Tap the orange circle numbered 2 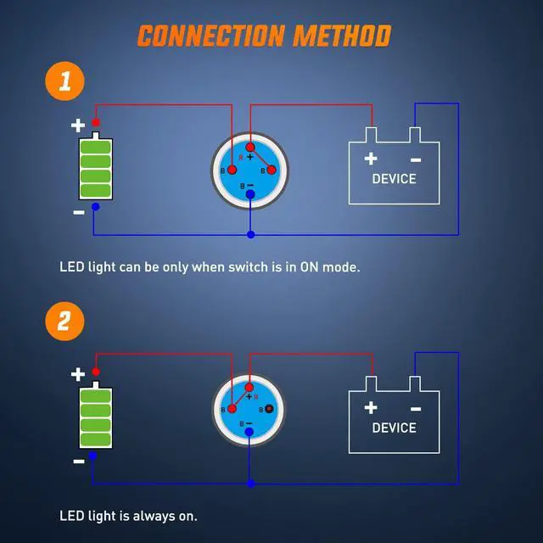65,322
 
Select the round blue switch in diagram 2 250,411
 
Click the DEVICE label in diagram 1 395,179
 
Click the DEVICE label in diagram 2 395,428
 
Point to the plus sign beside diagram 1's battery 78,126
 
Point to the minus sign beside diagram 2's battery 79,462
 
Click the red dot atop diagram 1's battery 96,123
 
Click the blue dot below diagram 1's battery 95,206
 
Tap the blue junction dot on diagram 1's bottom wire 250,234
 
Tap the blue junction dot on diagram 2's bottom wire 250,483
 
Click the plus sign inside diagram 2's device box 371,407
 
